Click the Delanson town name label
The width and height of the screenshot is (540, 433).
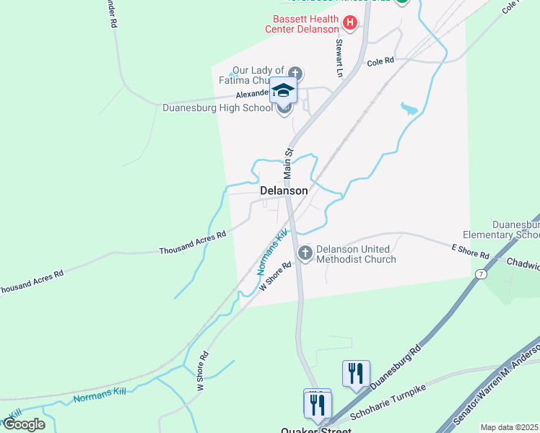pyautogui.click(x=284, y=191)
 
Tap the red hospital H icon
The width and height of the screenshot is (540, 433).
pyautogui.click(x=350, y=23)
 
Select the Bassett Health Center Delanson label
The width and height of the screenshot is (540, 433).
pyautogui.click(x=305, y=24)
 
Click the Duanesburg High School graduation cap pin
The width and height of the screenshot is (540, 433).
pyautogui.click(x=284, y=90)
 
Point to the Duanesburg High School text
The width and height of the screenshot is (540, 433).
pyautogui.click(x=217, y=108)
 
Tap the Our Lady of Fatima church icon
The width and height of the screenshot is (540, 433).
pyautogui.click(x=295, y=73)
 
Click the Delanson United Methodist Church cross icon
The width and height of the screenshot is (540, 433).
pyautogui.click(x=305, y=253)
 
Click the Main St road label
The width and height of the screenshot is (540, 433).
pyautogui.click(x=287, y=164)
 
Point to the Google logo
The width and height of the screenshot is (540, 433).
pyautogui.click(x=23, y=424)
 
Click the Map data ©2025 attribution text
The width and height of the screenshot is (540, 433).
pyautogui.click(x=509, y=427)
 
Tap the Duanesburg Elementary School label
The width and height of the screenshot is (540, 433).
pyautogui.click(x=515, y=229)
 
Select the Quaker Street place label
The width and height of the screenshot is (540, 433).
pyautogui.click(x=316, y=430)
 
